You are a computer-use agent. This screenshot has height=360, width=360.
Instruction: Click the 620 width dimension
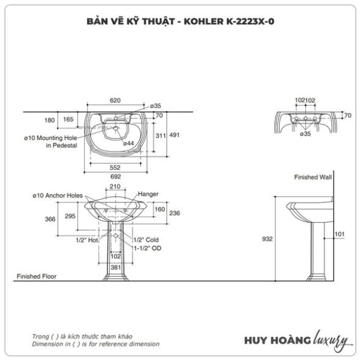pyautogui.click(x=115, y=101)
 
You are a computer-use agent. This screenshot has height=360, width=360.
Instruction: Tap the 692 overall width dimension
pyautogui.click(x=115, y=177)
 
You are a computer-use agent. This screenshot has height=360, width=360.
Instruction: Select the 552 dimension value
pyautogui.click(x=115, y=167)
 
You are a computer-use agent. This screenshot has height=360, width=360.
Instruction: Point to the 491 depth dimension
pyautogui.click(x=175, y=135)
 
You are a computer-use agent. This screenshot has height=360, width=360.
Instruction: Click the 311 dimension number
pyautogui.click(x=161, y=136)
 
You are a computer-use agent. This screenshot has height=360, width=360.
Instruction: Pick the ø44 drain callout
pyautogui.click(x=128, y=144)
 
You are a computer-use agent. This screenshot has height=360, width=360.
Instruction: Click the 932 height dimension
pyautogui.click(x=267, y=239)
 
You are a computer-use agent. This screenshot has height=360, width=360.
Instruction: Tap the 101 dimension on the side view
pyautogui.click(x=340, y=234)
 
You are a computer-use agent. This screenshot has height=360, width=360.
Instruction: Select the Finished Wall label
pyautogui.click(x=313, y=177)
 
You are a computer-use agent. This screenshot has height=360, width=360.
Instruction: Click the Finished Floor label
pyautogui.click(x=37, y=276)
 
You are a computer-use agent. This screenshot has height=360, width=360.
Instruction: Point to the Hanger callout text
pyautogui.click(x=148, y=194)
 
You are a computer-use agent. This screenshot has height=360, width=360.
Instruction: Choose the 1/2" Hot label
pyautogui.click(x=87, y=240)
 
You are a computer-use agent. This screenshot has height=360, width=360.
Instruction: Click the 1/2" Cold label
pyautogui.click(x=146, y=240)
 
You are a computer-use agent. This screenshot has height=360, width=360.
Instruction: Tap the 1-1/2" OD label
pyautogui.click(x=148, y=248)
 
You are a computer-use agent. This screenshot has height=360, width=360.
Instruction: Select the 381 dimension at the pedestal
pyautogui.click(x=115, y=267)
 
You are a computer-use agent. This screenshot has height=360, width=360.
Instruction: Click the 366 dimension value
pyautogui.click(x=50, y=219)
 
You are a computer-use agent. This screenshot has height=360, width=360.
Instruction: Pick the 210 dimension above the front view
pyautogui.click(x=115, y=186)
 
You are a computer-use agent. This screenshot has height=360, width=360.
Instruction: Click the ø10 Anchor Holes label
pyautogui.click(x=58, y=196)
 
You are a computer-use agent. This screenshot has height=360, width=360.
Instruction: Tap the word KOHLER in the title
pyautogui.click(x=204, y=21)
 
